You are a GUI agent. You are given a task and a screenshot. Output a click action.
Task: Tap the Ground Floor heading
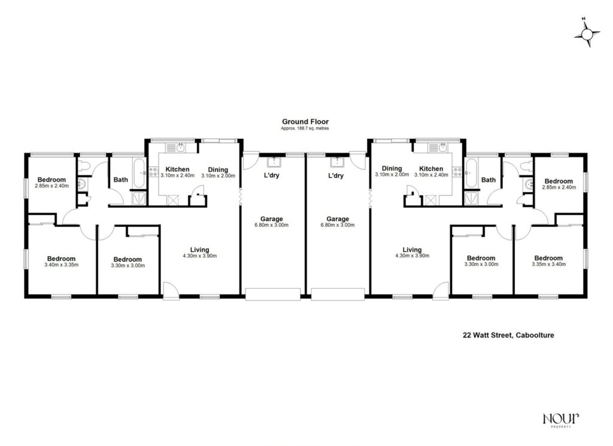305,122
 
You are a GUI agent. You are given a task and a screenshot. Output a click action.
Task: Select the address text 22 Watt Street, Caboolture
508,336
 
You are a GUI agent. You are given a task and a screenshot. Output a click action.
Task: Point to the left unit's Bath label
121,179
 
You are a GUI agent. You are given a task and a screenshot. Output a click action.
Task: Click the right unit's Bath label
488,180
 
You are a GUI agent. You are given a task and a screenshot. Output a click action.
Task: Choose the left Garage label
271,219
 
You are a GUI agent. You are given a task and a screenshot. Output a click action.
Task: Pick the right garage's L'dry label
336,176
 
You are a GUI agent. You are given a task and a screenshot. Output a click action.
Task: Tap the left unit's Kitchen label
177,169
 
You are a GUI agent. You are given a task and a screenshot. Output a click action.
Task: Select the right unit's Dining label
392,169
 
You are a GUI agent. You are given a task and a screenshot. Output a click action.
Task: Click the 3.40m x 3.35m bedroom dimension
62,265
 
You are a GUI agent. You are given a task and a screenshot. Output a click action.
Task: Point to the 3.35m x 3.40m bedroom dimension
549,265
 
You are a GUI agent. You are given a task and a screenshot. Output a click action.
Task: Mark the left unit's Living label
200,250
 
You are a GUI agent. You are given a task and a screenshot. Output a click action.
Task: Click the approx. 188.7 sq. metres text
305,129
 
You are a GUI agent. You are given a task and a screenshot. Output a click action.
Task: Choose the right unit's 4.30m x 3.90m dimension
412,256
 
